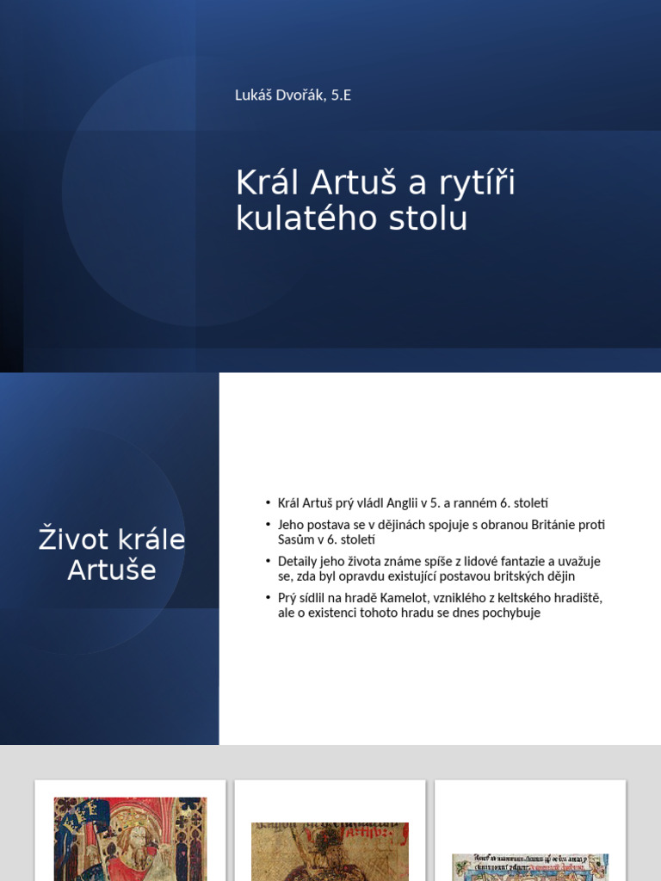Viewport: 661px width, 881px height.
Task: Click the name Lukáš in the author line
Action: point(254,95)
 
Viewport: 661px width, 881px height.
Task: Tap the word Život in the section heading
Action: point(72,540)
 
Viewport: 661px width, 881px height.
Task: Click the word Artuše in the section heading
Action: point(112,570)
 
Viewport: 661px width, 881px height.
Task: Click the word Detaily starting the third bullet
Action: point(299,562)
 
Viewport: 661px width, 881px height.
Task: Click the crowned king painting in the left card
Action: point(131,839)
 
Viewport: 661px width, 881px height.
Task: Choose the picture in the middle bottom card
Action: point(330,852)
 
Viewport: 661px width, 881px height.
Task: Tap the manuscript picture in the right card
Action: point(530,867)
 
